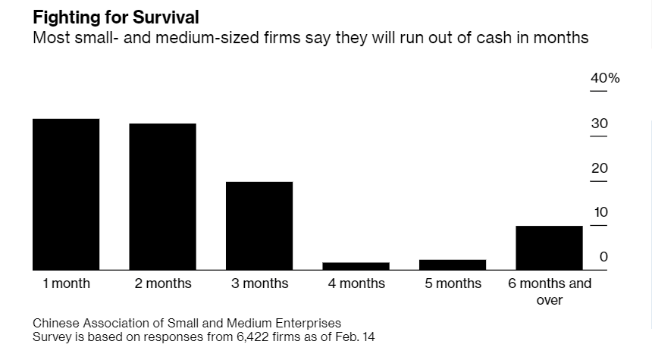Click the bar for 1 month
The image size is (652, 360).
tap(66, 194)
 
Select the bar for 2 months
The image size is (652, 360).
tap(162, 196)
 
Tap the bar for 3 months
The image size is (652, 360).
tap(259, 225)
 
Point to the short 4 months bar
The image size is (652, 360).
tap(356, 266)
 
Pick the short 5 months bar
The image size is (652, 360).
tap(453, 265)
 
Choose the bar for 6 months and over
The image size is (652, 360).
tap(549, 247)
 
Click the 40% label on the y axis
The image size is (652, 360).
tap(605, 79)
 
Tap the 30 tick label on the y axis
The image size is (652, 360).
tap(600, 124)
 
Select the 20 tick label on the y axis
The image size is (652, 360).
tap(600, 168)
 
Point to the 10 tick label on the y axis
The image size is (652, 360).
tap(600, 213)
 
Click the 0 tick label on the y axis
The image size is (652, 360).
tap(603, 257)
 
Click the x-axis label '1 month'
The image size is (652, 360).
tap(66, 283)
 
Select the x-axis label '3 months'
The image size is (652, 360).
tap(259, 283)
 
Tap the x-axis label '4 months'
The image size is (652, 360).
tap(356, 283)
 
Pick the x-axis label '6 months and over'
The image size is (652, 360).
tap(550, 292)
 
